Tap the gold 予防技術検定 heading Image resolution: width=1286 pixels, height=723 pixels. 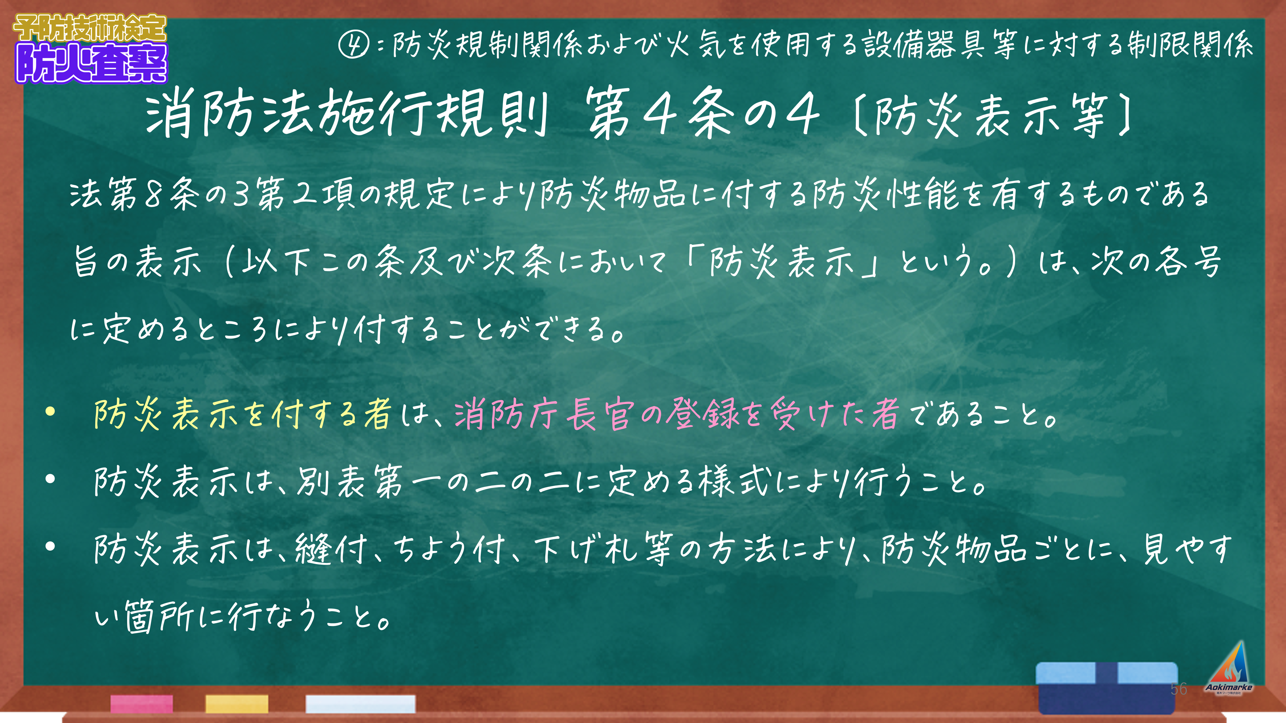(90, 28)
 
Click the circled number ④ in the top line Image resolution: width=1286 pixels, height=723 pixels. (353, 44)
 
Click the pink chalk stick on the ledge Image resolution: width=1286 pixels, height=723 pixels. (142, 704)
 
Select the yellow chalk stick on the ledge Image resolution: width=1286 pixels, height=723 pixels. (237, 704)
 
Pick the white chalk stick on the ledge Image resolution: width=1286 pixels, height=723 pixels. (360, 704)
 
